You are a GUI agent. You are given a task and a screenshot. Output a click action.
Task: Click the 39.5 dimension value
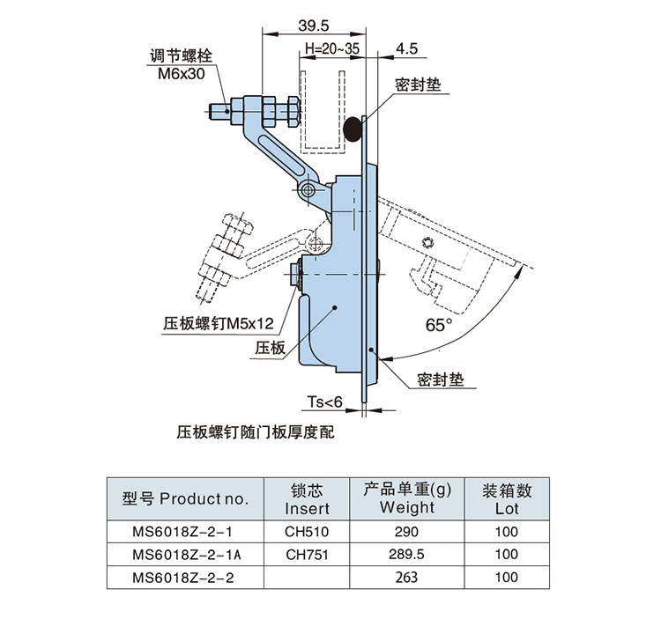[x=313, y=26]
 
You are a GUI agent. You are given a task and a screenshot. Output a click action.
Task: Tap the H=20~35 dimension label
[x=332, y=48]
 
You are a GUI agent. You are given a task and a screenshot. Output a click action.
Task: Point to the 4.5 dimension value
[x=406, y=48]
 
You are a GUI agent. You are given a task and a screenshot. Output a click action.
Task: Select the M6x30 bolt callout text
[x=182, y=74]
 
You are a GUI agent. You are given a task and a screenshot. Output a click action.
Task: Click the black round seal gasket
[x=353, y=129]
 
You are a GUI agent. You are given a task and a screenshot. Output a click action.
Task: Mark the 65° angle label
[x=438, y=325]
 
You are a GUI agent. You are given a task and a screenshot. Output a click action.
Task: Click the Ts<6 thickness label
[x=324, y=402]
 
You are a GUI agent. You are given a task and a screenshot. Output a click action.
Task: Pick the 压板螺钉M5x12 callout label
[x=219, y=323]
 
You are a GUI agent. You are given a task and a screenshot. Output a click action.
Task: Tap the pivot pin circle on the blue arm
[x=308, y=189]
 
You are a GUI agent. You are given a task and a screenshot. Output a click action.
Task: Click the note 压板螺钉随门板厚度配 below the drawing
[x=255, y=432]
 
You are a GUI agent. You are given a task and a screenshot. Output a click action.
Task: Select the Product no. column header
[x=185, y=499]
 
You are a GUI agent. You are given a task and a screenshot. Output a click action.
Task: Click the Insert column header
[x=307, y=499]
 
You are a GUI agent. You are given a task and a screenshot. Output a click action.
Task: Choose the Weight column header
[x=407, y=498]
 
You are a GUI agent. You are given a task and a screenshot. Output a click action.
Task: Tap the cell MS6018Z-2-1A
[x=186, y=555]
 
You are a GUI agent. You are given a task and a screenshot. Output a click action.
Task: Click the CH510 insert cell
[x=307, y=532]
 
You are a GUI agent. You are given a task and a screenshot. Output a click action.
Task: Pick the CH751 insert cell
[x=307, y=555]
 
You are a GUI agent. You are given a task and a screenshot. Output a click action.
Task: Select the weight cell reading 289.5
[x=406, y=554]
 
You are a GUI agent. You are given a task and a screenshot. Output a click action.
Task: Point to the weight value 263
[x=406, y=577]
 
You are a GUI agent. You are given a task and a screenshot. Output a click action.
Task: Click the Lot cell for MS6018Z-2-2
[x=507, y=577]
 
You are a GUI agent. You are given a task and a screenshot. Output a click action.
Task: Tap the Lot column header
[x=507, y=499]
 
